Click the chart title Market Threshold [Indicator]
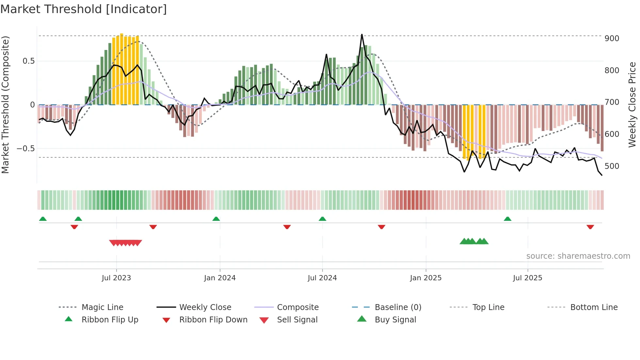tap(84, 9)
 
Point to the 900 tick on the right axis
tap(612, 39)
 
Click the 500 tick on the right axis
tap(612, 166)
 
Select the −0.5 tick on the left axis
tap(25, 149)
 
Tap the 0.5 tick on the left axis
tap(28, 61)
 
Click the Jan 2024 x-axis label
tap(220, 278)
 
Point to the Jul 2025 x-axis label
tap(527, 278)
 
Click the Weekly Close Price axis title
tap(632, 105)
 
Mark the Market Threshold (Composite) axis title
tap(5, 105)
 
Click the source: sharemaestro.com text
tap(578, 256)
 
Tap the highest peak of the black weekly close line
tap(362, 35)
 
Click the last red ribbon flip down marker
tap(590, 227)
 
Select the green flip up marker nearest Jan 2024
tap(216, 219)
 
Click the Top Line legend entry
tap(488, 307)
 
